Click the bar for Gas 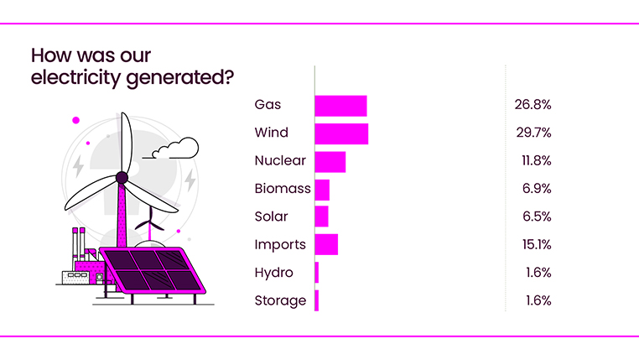[340, 106]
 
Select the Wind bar [341, 133]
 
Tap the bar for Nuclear [330, 161]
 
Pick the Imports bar [326, 244]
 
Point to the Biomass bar [322, 189]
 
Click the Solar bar [321, 217]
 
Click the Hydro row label [273, 273]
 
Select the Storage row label [280, 300]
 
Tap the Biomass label [282, 189]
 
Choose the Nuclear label [280, 161]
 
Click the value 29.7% [532, 133]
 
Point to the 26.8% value [532, 105]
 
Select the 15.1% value [532, 244]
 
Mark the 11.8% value [532, 160]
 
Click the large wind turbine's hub [122, 177]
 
